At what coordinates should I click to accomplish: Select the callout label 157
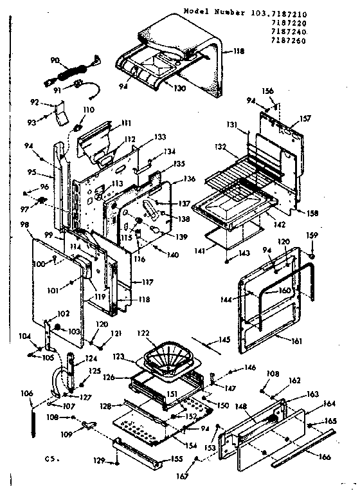(x=305, y=118)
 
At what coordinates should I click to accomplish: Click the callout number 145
(x=225, y=340)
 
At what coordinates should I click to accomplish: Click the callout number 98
(x=24, y=224)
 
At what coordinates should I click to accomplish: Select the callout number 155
(x=177, y=459)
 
